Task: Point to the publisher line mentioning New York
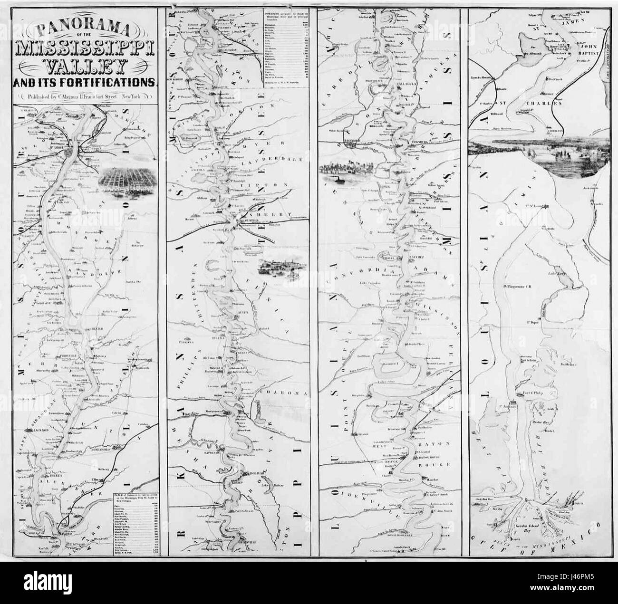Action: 87,96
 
